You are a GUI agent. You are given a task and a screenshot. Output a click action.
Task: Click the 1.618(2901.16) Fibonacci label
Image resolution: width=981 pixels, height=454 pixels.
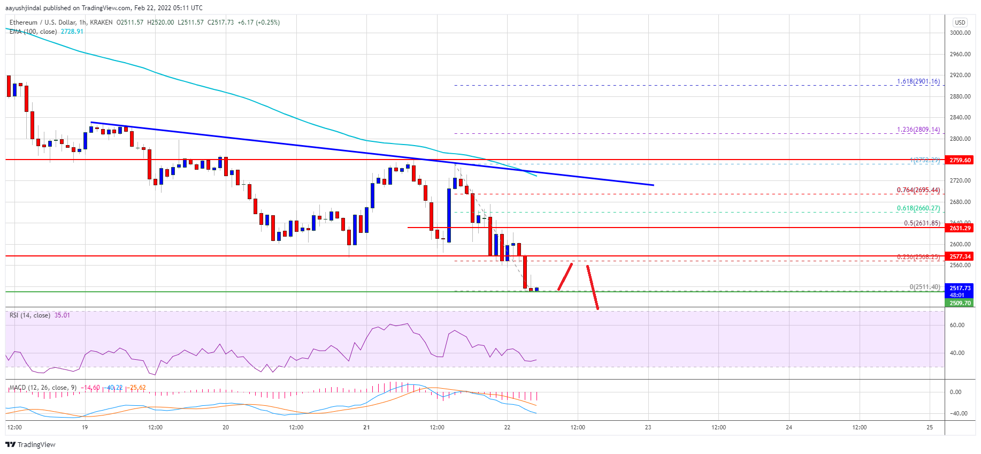click(918, 81)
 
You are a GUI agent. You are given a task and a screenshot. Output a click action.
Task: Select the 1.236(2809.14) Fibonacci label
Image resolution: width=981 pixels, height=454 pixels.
click(918, 130)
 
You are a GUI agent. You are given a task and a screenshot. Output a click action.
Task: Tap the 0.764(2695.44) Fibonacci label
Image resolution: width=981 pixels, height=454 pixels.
click(918, 190)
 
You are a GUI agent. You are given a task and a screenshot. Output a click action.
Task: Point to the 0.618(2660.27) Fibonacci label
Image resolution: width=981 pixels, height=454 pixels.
click(918, 208)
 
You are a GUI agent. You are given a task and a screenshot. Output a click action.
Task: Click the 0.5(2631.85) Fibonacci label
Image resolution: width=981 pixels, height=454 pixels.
click(922, 223)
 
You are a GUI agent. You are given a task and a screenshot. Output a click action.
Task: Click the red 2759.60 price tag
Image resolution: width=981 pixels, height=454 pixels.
click(960, 160)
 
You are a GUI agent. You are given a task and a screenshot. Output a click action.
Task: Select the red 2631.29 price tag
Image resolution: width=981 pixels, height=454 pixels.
click(960, 228)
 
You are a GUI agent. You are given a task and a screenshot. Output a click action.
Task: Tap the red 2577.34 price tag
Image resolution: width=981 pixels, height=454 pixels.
click(960, 256)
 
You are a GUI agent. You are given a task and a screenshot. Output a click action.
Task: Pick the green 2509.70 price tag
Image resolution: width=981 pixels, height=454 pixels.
click(960, 303)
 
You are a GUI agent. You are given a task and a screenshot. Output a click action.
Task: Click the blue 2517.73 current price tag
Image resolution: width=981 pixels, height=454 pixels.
click(960, 288)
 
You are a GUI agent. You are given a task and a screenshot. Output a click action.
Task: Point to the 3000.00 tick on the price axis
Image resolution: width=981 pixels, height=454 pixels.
click(960, 33)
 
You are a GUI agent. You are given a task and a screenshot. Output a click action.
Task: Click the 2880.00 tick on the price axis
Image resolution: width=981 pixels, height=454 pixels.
click(960, 96)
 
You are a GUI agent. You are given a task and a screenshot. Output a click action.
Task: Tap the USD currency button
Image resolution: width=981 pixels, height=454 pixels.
click(960, 22)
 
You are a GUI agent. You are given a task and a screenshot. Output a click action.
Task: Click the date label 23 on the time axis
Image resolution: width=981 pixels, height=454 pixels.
click(648, 427)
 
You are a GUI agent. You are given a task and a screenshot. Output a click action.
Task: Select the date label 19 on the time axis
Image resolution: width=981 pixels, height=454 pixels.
click(85, 427)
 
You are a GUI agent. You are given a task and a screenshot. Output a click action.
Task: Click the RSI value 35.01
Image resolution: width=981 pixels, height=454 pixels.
click(62, 315)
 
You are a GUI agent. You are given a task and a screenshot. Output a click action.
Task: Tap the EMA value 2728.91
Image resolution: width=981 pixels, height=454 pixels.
click(72, 32)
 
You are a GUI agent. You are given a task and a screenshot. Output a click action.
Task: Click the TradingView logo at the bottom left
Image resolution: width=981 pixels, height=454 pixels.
click(30, 444)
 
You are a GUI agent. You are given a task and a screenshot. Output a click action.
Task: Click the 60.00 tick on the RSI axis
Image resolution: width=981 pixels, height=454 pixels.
click(957, 325)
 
